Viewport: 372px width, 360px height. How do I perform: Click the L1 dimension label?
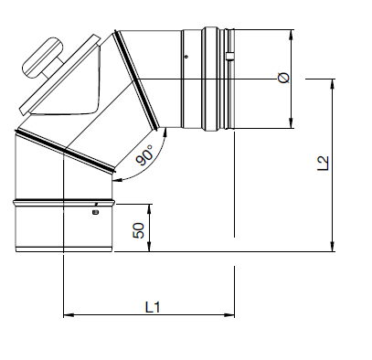click(x=153, y=307)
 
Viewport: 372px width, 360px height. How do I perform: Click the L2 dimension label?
click(x=323, y=164)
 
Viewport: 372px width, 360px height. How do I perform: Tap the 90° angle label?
click(x=144, y=155)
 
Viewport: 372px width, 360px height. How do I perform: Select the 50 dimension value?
click(x=139, y=230)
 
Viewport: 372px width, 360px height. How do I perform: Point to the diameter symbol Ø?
click(x=284, y=78)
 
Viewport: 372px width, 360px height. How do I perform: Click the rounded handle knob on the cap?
click(x=43, y=58)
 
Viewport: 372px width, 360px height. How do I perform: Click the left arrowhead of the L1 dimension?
click(x=69, y=315)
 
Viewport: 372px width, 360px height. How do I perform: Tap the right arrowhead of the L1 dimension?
click(x=229, y=315)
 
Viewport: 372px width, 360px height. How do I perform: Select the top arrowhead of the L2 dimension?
click(x=333, y=84)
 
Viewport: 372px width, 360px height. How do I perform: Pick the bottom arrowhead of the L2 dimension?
click(x=333, y=247)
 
